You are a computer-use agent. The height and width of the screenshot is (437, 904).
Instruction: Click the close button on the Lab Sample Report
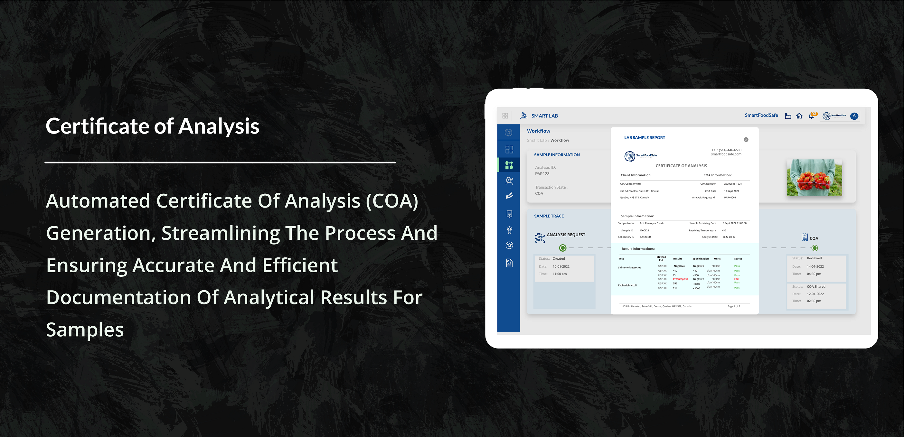(x=746, y=140)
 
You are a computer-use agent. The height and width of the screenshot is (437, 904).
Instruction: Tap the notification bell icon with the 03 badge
(x=811, y=116)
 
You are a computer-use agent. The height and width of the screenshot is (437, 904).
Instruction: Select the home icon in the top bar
(x=799, y=116)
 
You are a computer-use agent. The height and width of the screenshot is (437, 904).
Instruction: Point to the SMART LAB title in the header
(x=544, y=116)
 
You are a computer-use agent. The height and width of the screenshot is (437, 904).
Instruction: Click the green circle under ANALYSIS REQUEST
(x=562, y=248)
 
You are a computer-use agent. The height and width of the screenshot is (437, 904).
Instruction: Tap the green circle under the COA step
(x=815, y=248)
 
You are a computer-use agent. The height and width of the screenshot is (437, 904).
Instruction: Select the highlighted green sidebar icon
(x=509, y=165)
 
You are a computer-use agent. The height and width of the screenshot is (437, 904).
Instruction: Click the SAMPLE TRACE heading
(x=549, y=216)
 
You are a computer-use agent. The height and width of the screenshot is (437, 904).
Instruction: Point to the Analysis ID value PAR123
(x=542, y=173)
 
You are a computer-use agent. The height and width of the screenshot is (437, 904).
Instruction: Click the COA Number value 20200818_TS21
(x=733, y=184)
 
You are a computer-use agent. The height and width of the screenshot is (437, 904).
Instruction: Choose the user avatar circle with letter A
(x=854, y=116)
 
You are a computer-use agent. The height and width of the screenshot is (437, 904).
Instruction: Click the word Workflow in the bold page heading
(x=538, y=131)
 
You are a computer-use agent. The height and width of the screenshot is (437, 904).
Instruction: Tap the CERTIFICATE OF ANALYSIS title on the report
(x=681, y=166)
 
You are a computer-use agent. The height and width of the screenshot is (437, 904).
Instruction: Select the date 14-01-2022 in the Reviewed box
(x=815, y=266)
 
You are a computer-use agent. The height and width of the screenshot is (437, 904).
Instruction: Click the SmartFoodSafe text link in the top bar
(x=761, y=115)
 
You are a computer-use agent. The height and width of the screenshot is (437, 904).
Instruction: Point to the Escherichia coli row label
(x=627, y=285)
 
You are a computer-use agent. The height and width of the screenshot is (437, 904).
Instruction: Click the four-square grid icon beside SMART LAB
(x=505, y=116)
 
